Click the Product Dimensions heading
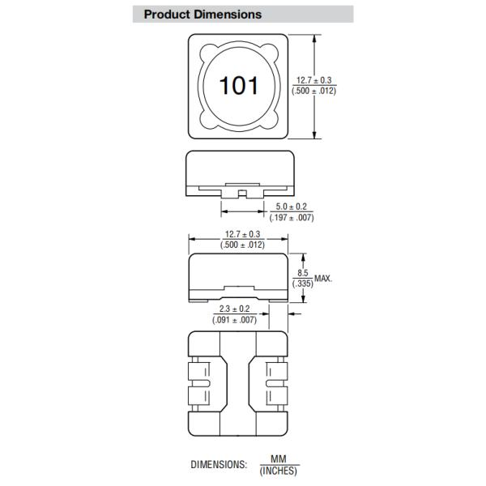pos(202,15)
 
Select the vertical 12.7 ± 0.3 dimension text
pos(316,79)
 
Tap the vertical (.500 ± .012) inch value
pos(316,90)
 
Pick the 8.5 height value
pos(302,273)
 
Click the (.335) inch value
pos(302,283)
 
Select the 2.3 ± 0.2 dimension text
pos(235,309)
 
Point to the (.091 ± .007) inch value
pos(235,320)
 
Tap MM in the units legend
pos(279,459)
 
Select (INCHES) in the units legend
pos(279,471)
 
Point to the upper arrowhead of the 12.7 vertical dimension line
pos(315,37)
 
